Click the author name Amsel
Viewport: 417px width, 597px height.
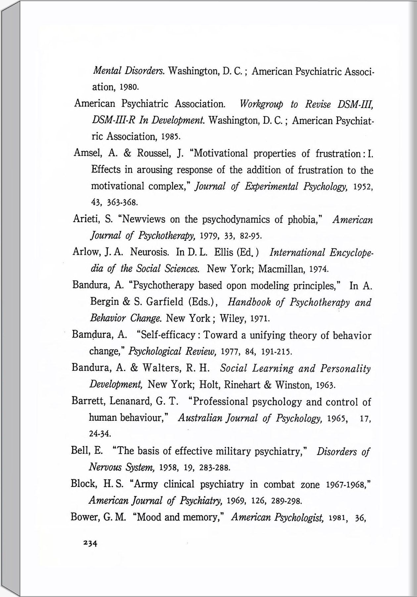[x=86, y=153]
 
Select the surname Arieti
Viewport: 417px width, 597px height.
[x=85, y=219]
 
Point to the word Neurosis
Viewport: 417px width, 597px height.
[x=150, y=252]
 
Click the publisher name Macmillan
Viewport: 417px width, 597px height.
[x=281, y=269]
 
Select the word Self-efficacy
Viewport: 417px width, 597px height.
[x=168, y=335]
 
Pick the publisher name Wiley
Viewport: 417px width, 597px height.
[x=232, y=319]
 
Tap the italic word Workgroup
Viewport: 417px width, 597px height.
[x=261, y=104]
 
